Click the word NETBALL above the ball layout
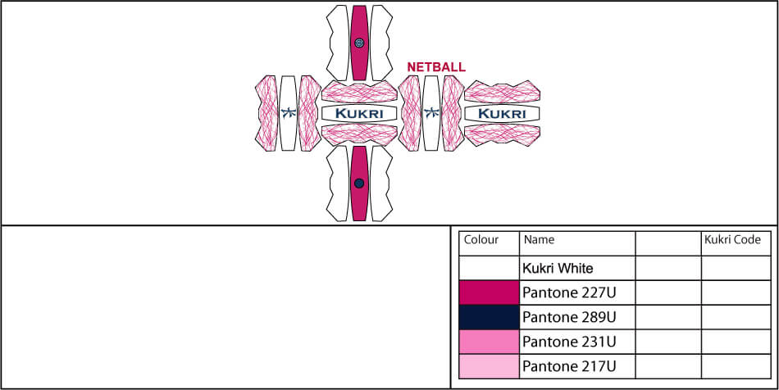pyautogui.click(x=436, y=66)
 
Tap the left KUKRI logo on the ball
pyautogui.click(x=359, y=113)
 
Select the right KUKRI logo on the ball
pyautogui.click(x=501, y=113)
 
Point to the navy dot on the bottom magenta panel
pyautogui.click(x=359, y=184)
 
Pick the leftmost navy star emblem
pyautogui.click(x=287, y=113)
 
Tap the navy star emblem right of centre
pyautogui.click(x=430, y=113)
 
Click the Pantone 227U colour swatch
pyautogui.click(x=489, y=292)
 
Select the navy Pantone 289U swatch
pyautogui.click(x=489, y=317)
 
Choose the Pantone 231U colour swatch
pyautogui.click(x=489, y=342)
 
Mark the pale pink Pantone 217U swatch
pyautogui.click(x=489, y=366)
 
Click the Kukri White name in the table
pyautogui.click(x=558, y=268)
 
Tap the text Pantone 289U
pyautogui.click(x=569, y=317)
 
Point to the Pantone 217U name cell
pyautogui.click(x=569, y=366)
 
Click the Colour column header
pyautogui.click(x=481, y=240)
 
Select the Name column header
pyautogui.click(x=539, y=240)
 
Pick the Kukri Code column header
pyautogui.click(x=732, y=240)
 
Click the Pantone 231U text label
pyautogui.click(x=569, y=342)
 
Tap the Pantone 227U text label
pyautogui.click(x=569, y=292)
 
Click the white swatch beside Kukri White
pyautogui.click(x=489, y=268)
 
